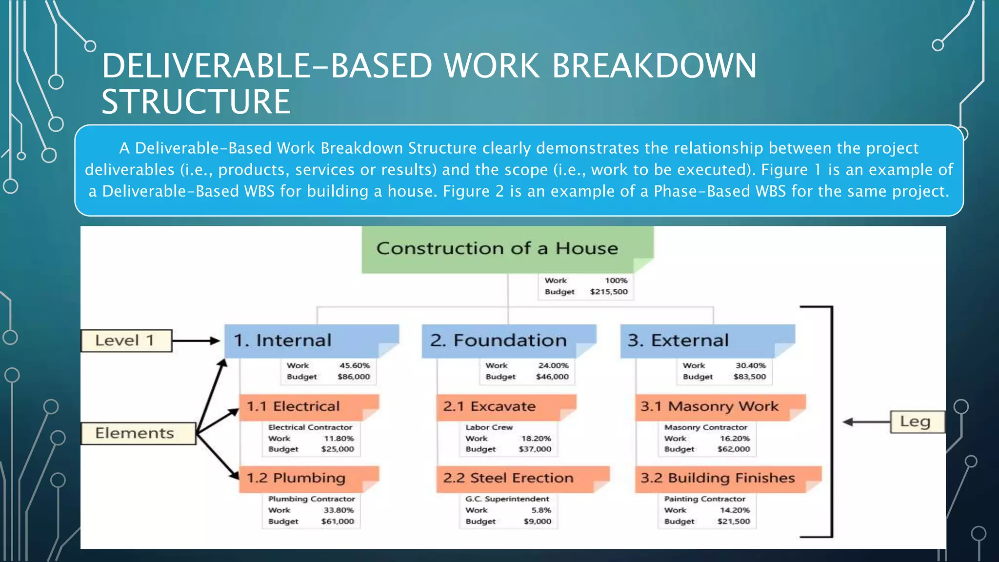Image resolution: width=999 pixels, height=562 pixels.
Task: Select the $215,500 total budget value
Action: tap(608, 292)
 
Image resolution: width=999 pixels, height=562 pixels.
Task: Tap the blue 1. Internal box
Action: tap(311, 341)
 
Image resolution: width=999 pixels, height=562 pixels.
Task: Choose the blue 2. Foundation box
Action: tap(508, 341)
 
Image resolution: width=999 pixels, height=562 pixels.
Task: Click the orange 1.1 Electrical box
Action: tap(308, 406)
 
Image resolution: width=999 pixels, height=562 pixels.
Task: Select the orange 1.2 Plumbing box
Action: tap(308, 478)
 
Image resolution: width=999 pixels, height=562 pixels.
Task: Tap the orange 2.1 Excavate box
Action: tap(506, 406)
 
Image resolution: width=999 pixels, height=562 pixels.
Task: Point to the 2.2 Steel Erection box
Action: tap(522, 478)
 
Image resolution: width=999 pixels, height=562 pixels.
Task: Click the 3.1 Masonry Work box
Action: tap(719, 406)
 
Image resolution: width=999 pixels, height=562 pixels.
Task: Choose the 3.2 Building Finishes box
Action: tap(727, 478)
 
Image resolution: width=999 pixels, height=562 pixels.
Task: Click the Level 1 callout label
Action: tap(126, 341)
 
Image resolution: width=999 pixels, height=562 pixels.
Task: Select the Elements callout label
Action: tap(138, 433)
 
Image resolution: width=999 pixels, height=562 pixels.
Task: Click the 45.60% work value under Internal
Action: tap(355, 365)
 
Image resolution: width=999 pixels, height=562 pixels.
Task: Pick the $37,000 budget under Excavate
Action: tap(535, 449)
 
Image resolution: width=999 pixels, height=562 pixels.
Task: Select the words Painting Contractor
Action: tap(704, 499)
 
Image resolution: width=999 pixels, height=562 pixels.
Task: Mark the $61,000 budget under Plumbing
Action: tap(338, 521)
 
